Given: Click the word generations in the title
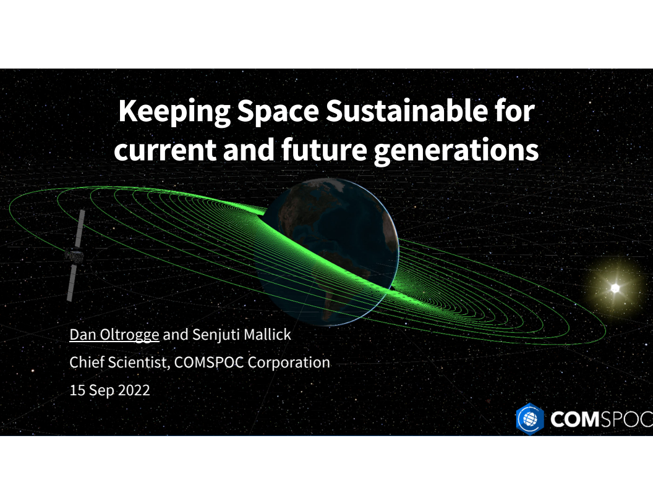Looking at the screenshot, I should [x=456, y=150].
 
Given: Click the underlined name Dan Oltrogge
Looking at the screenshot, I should [x=114, y=335].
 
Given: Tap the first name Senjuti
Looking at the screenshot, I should [x=214, y=335].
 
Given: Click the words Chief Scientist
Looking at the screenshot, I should [x=117, y=363].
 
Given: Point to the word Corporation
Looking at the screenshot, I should [x=289, y=363].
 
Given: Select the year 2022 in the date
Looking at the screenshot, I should [x=132, y=390].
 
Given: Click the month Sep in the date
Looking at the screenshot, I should [x=98, y=390].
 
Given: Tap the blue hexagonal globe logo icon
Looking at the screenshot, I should [x=529, y=419].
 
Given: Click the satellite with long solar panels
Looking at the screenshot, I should [x=75, y=254].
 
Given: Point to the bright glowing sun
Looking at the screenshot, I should [x=615, y=288].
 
